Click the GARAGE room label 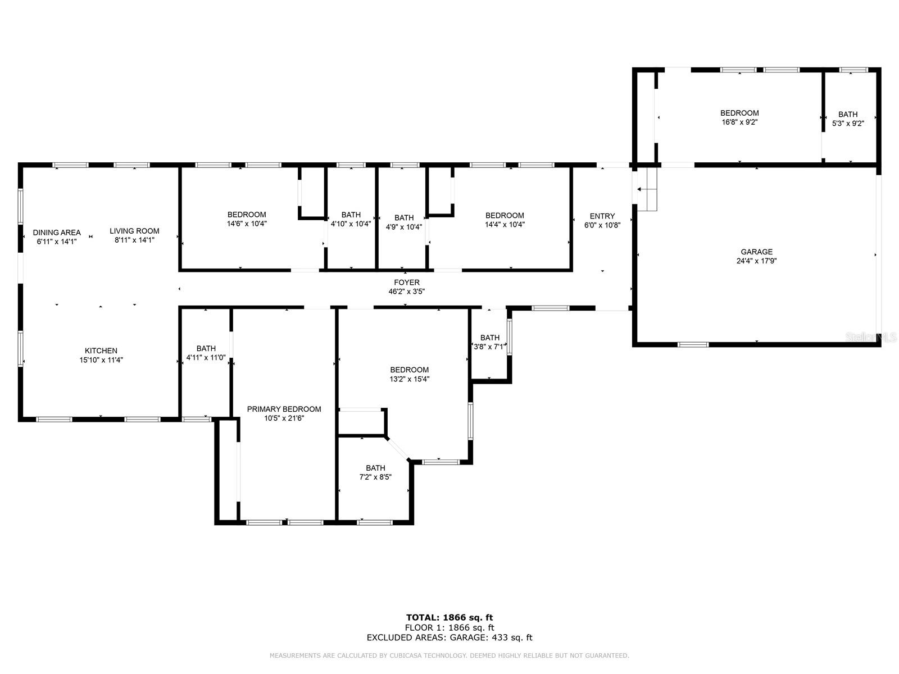(756, 252)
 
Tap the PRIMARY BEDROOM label (284, 409)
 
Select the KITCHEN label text (101, 351)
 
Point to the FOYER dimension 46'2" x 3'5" (406, 292)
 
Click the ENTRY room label (602, 216)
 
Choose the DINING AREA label (57, 233)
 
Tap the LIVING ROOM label (134, 231)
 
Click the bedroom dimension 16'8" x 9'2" (739, 122)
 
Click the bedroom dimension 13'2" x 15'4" (410, 379)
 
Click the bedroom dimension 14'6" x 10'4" (247, 224)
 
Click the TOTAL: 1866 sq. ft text (449, 617)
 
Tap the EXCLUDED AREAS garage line (449, 637)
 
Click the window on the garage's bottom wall (693, 344)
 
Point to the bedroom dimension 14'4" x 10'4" (505, 225)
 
